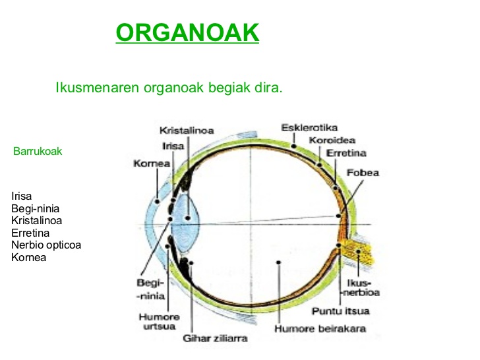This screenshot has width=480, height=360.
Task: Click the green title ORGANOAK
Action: pyautogui.click(x=187, y=32)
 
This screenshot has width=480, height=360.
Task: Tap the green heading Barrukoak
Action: pyautogui.click(x=38, y=152)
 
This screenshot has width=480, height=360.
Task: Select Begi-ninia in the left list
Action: pyautogui.click(x=36, y=208)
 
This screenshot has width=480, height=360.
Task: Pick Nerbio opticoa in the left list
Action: pyautogui.click(x=46, y=245)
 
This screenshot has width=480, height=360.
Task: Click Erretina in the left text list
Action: pyautogui.click(x=30, y=233)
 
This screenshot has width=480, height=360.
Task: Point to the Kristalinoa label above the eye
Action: pyautogui.click(x=187, y=131)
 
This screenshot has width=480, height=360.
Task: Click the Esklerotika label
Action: pyautogui.click(x=309, y=127)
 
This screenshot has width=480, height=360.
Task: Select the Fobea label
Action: pyautogui.click(x=363, y=173)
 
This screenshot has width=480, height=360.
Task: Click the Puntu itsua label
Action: pyautogui.click(x=340, y=311)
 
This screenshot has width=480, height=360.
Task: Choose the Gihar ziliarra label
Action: pyautogui.click(x=215, y=338)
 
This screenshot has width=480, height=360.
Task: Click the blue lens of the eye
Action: pyautogui.click(x=189, y=208)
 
